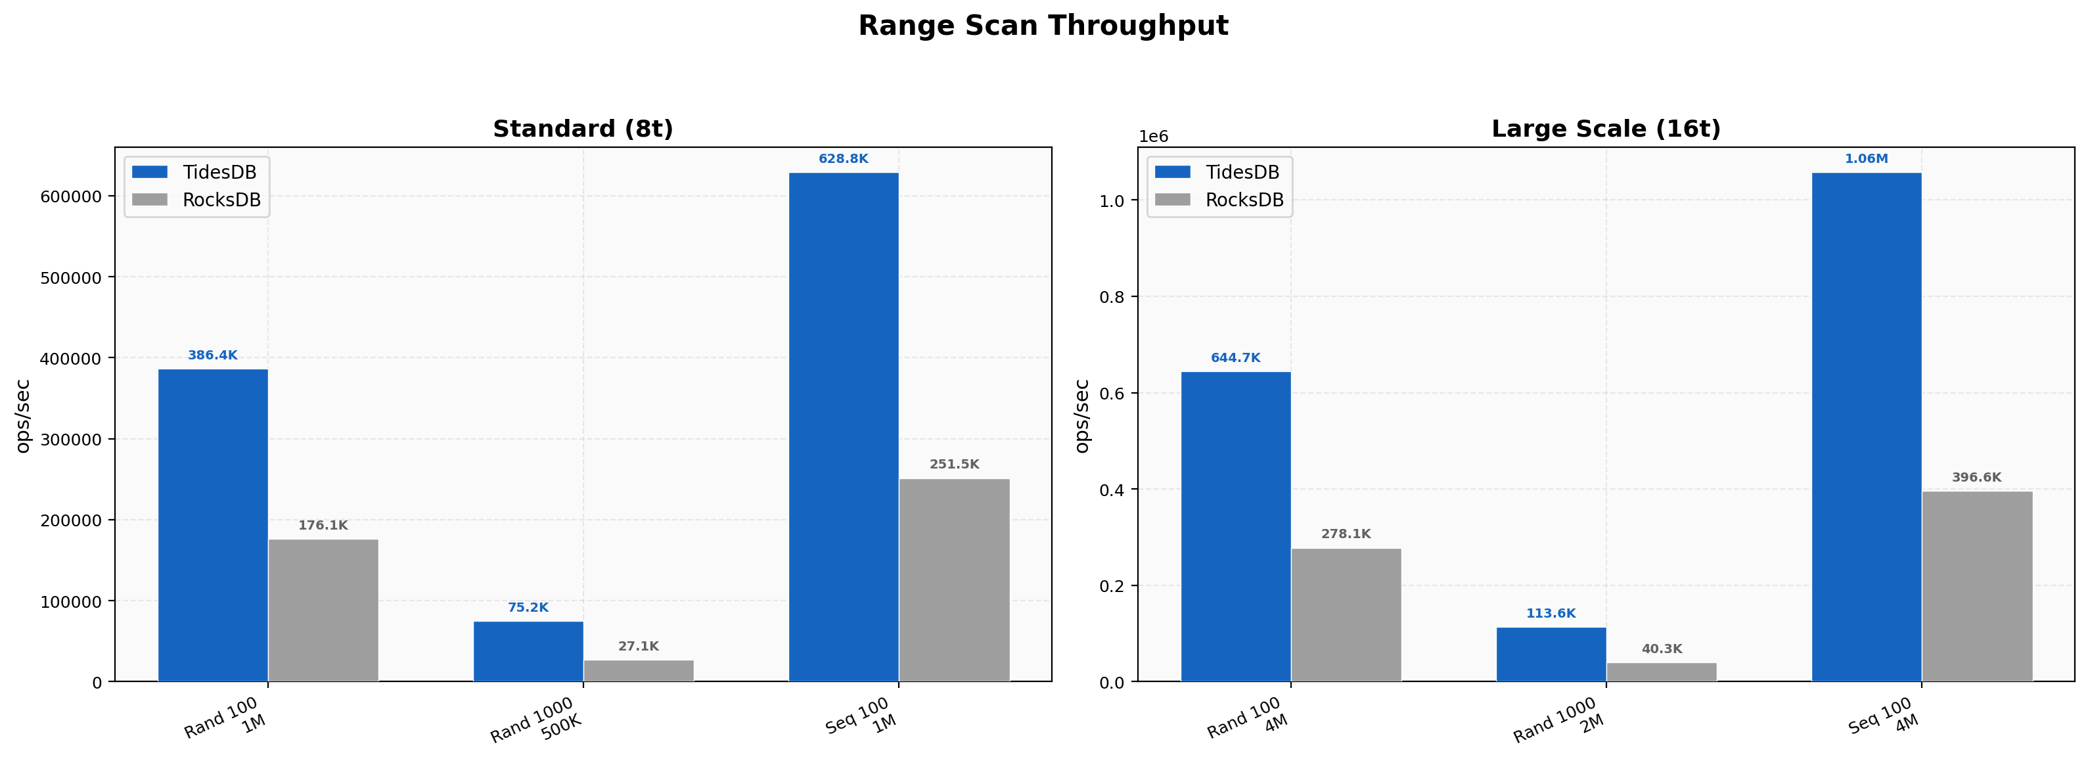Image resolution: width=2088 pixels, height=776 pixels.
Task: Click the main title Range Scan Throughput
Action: [x=1043, y=26]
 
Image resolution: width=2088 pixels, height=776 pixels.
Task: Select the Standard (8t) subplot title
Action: [x=583, y=129]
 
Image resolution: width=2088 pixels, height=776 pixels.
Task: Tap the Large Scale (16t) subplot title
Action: [x=1606, y=129]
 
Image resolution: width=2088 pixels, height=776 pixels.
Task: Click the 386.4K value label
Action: [x=212, y=355]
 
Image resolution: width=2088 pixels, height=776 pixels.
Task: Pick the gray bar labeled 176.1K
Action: [x=323, y=610]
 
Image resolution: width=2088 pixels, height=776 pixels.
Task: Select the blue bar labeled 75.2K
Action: [x=528, y=651]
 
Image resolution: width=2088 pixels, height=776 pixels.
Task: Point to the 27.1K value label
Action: [x=639, y=647]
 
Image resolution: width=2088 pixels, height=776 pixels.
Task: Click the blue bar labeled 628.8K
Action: [x=844, y=426]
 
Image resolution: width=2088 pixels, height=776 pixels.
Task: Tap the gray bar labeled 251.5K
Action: [x=955, y=580]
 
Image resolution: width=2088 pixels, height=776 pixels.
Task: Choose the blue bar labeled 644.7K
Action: [x=1235, y=526]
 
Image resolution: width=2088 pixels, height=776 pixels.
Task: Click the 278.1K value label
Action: [x=1346, y=534]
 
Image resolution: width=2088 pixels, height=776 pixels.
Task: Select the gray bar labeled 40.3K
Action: [x=1662, y=672]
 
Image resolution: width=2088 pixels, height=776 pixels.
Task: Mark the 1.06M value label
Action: [x=1866, y=159]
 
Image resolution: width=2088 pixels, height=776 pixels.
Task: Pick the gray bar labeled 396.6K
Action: [x=1977, y=586]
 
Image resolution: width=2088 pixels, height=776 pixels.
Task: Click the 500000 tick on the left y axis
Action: [x=72, y=277]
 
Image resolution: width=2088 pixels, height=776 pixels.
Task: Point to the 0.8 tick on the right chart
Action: [x=1111, y=297]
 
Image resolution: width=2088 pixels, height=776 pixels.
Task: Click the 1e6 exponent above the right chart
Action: [x=1154, y=136]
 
